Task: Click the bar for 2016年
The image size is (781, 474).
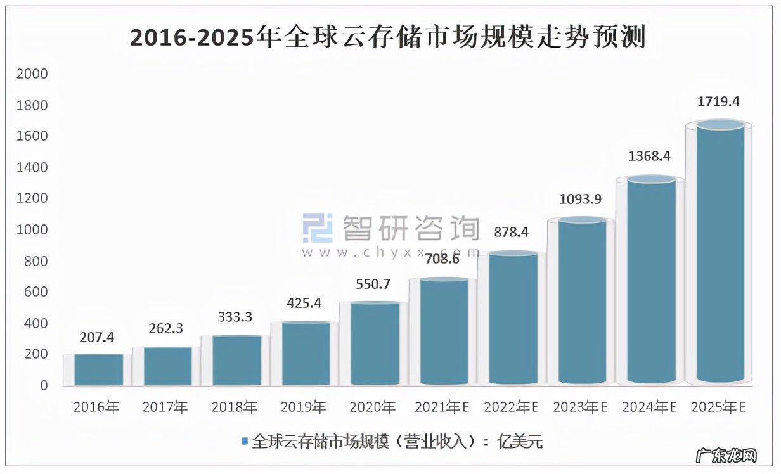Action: click(98, 369)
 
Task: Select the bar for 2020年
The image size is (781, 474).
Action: click(374, 343)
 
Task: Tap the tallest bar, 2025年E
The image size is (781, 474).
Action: click(720, 253)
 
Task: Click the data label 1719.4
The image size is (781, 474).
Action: click(719, 101)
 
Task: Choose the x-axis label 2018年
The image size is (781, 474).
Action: click(235, 407)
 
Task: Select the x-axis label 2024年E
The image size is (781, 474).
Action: click(650, 407)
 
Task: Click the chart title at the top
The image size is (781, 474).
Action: click(387, 37)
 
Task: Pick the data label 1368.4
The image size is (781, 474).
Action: click(649, 156)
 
